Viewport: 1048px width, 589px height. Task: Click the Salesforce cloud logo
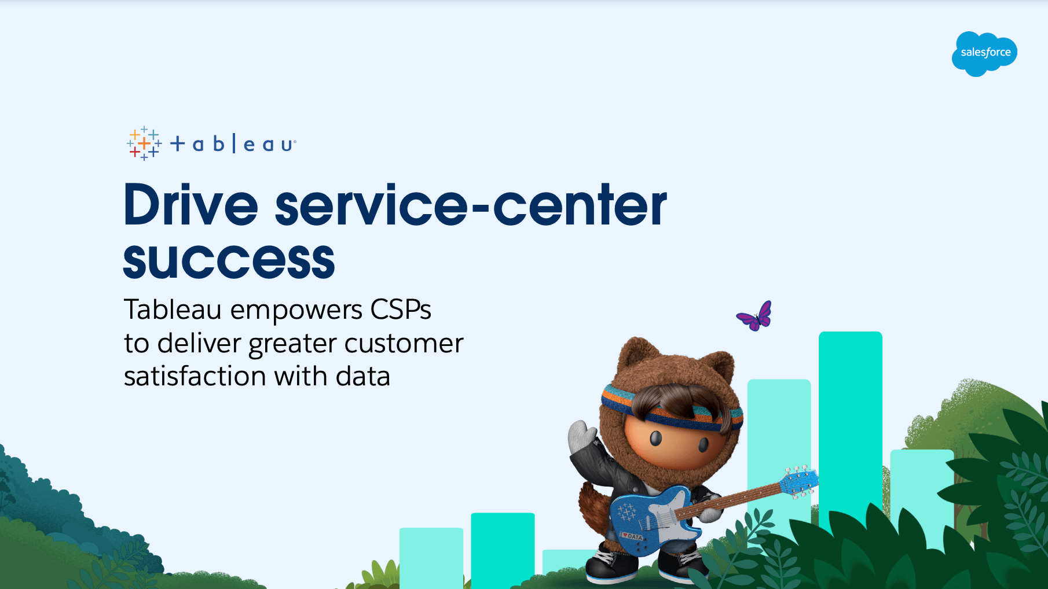pos(984,54)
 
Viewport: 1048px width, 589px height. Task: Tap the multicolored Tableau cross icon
pos(144,143)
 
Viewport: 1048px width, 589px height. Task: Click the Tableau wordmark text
pos(233,143)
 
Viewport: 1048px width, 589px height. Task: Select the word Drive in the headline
pos(191,205)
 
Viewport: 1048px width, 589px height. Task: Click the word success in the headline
pos(229,260)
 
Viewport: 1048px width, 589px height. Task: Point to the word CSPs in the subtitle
pos(401,310)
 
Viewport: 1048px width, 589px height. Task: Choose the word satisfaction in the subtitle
pos(195,376)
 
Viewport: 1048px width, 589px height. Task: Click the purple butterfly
pos(754,316)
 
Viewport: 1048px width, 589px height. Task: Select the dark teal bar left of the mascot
pos(503,550)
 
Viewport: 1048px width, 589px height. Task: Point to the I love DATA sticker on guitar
pos(632,536)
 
